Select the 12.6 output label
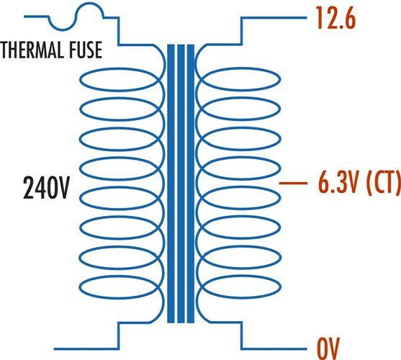(x=336, y=18)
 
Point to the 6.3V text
(x=338, y=182)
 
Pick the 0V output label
(x=328, y=348)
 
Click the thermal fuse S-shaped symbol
(x=76, y=17)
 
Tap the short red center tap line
(x=293, y=183)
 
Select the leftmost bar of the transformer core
(x=171, y=184)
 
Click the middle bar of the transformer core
(x=181, y=184)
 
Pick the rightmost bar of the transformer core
(x=191, y=184)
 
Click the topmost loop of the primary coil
(x=120, y=68)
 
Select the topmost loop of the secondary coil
(x=241, y=68)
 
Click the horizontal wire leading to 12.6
(x=274, y=18)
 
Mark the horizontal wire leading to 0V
(x=274, y=348)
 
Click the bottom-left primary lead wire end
(x=54, y=348)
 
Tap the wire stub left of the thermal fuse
(x=36, y=17)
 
